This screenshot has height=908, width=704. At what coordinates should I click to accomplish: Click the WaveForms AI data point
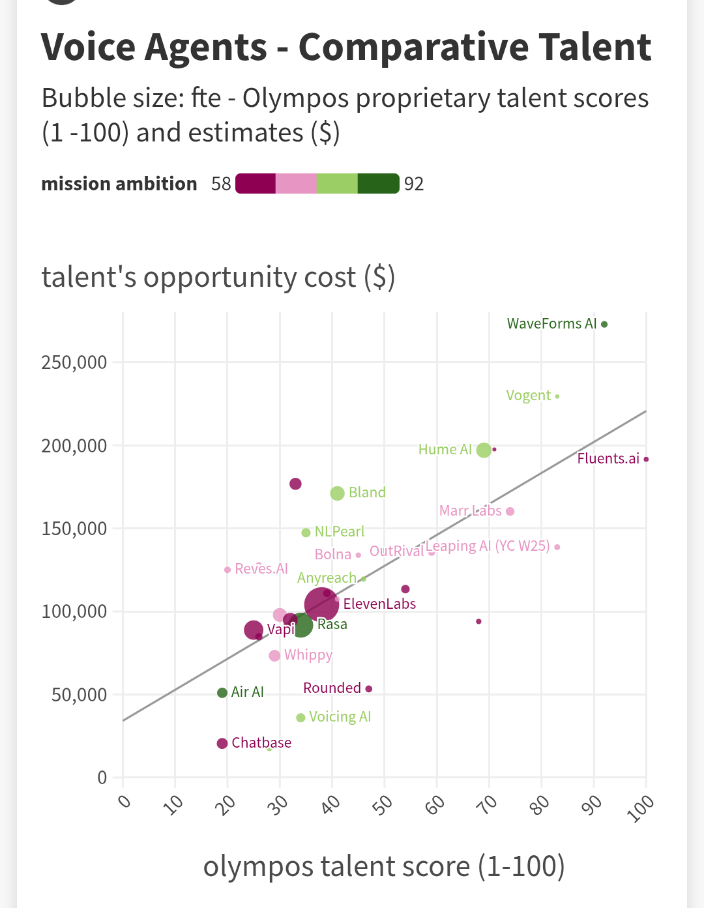pos(604,324)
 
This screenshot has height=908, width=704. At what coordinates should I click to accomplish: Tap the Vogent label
pos(528,396)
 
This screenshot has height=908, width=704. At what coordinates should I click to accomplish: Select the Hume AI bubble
pos(484,450)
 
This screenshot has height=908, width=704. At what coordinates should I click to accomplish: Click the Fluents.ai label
pos(608,458)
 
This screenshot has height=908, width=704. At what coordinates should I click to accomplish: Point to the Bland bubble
pos(337,493)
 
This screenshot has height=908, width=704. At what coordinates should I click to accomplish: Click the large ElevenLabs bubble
pos(321,604)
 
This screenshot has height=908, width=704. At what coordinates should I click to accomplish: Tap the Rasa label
pos(332,624)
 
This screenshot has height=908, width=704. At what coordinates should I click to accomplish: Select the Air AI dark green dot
pos(222,692)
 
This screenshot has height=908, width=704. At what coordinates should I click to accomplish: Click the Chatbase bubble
pos(222,743)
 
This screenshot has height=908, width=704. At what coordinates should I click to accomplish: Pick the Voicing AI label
pos(340,717)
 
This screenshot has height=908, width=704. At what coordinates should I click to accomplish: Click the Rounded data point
pos(369,689)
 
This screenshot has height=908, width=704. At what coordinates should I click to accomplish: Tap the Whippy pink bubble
pos(274,656)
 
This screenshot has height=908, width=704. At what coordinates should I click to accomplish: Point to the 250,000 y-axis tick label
pos(74,362)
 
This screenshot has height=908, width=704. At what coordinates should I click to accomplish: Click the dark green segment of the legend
pos(378,184)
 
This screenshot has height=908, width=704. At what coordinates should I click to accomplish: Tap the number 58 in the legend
pos(221,184)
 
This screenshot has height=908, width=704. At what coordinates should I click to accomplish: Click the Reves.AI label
pos(261,568)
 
